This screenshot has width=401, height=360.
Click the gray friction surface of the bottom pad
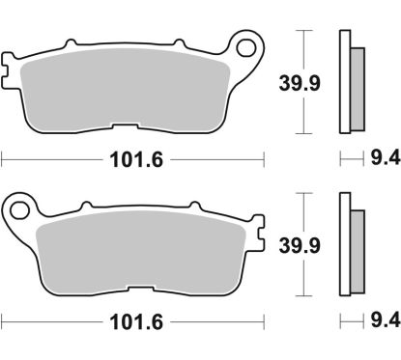[x=145, y=251]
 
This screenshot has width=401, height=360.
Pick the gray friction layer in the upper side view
[x=355, y=87]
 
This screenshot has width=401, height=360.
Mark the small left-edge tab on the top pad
[x=7, y=70]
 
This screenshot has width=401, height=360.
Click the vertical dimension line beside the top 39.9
[x=307, y=82]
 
